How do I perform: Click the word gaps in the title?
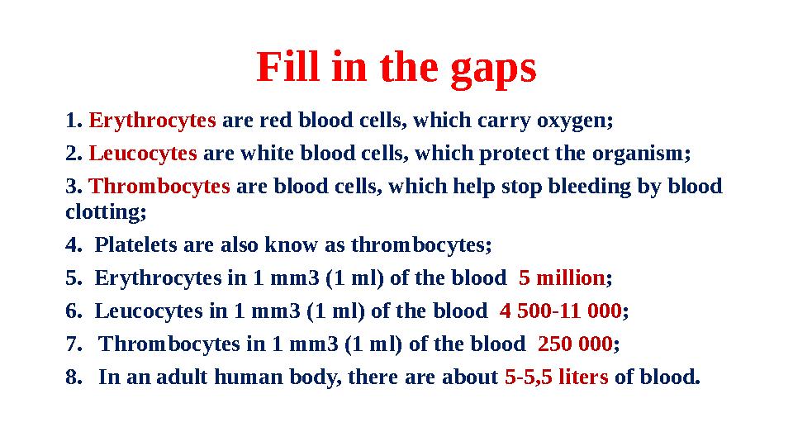click(493, 69)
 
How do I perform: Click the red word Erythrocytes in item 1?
click(152, 121)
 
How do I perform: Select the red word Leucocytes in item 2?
click(142, 154)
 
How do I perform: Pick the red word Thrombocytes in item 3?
click(159, 187)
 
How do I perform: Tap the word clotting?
click(105, 211)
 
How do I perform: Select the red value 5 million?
click(562, 278)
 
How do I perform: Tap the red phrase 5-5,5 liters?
click(556, 378)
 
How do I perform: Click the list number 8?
click(73, 378)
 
